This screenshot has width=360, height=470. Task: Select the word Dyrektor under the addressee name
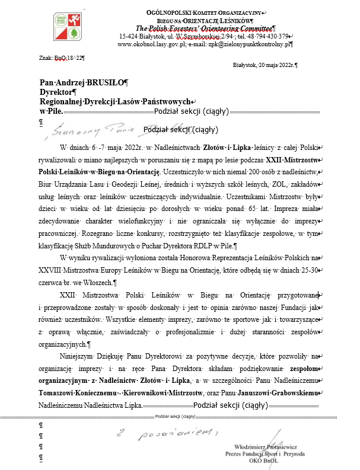point(55,92)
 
